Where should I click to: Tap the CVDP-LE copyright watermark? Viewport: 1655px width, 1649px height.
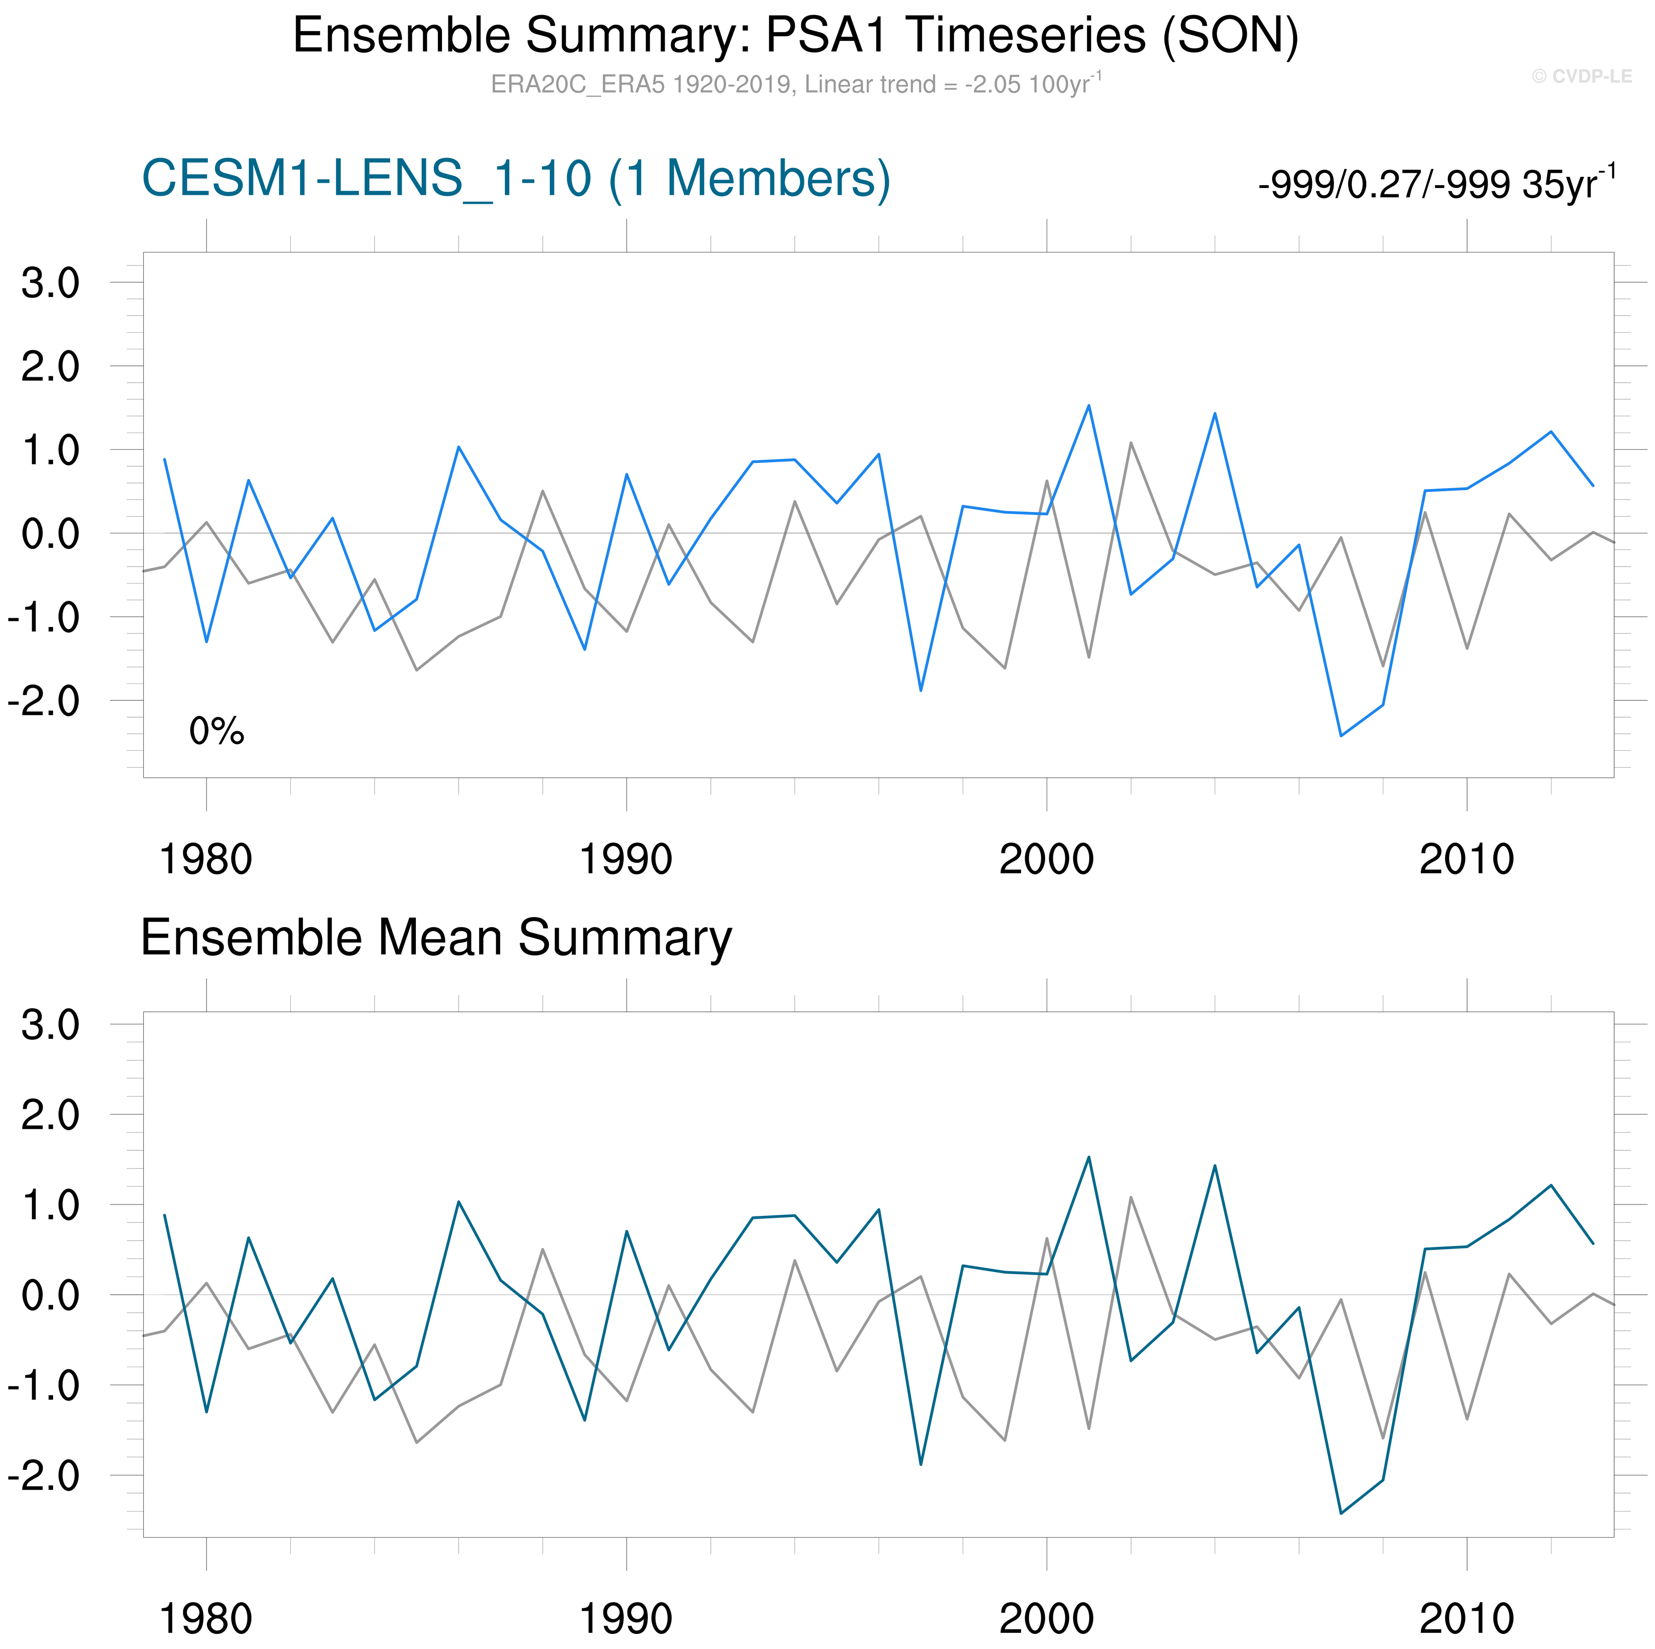(1581, 76)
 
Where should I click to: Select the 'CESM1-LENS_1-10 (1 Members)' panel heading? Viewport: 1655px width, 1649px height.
(516, 179)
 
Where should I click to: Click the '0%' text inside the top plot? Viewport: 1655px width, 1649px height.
(217, 731)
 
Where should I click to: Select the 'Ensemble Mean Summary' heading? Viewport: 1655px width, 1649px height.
(436, 938)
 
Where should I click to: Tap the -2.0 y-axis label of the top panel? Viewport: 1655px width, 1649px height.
(44, 701)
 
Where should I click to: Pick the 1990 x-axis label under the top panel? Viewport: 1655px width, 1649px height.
(626, 859)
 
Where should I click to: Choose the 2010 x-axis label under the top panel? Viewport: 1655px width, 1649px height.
(1467, 859)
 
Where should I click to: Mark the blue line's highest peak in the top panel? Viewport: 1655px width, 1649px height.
(1089, 406)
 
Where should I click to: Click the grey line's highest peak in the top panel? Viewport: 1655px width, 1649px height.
(1131, 443)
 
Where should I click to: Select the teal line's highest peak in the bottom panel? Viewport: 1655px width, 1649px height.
(1089, 1157)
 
